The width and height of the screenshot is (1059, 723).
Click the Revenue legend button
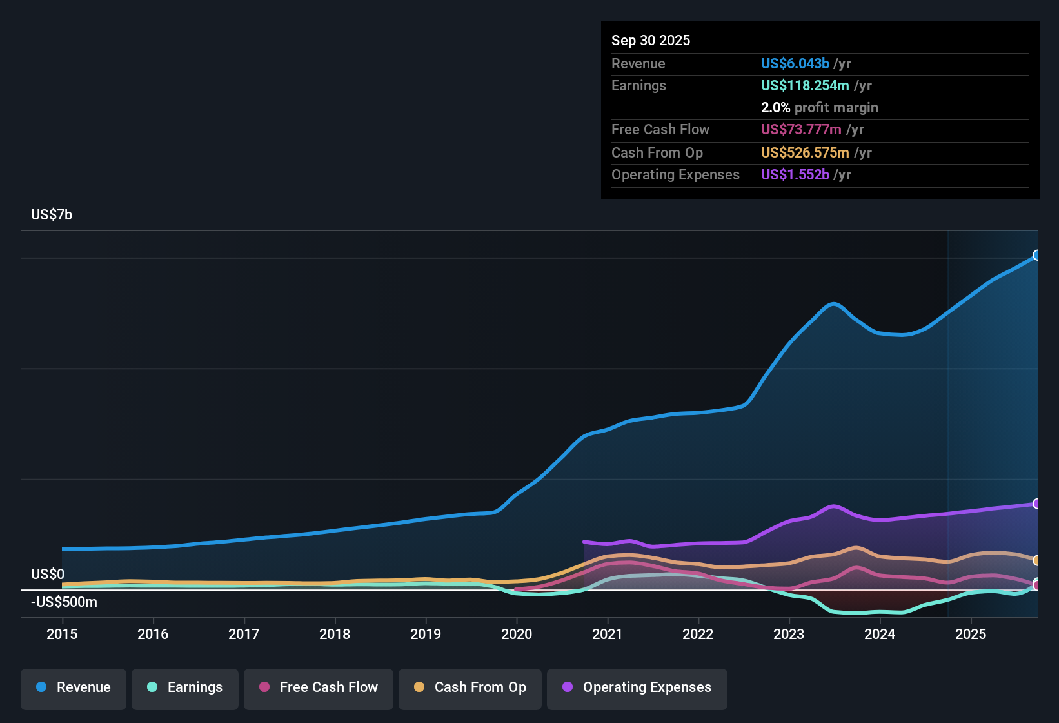[x=74, y=688]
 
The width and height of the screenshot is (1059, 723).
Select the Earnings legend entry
[x=185, y=688]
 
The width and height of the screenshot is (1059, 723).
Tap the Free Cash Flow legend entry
[x=319, y=688]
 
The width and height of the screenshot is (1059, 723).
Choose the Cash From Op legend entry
[x=470, y=688]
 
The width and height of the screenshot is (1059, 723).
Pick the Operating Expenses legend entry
[x=637, y=688]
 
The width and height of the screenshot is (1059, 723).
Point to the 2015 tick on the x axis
[x=62, y=634]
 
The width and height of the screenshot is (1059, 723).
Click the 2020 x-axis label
[x=517, y=634]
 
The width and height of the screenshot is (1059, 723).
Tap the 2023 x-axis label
[x=789, y=634]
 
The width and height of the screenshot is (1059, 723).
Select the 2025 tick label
[x=971, y=634]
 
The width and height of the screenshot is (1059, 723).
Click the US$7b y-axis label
[x=52, y=215]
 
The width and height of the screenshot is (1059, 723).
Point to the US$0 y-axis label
[x=48, y=575]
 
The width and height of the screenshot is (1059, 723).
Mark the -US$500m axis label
[x=64, y=602]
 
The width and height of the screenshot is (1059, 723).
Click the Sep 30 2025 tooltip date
[x=651, y=41]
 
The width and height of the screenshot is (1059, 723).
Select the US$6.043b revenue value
[x=795, y=64]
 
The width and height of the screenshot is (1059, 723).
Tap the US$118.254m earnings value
[x=804, y=86]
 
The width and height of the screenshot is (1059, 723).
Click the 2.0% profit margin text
[x=819, y=108]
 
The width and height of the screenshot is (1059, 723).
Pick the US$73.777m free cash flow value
[x=800, y=130]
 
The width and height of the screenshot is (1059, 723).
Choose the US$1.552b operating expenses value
[x=795, y=175]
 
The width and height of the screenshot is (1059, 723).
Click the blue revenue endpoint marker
[x=1036, y=255]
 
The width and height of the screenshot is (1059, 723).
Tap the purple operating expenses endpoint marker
[x=1036, y=504]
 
